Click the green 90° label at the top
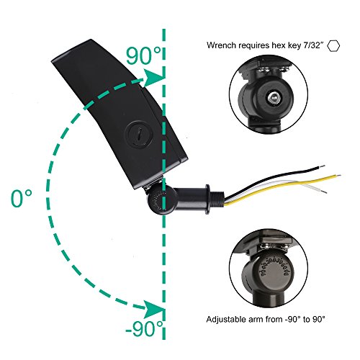tap(144, 55)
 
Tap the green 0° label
tap(22, 198)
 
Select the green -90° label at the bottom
tap(144, 328)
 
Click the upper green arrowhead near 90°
tap(153, 77)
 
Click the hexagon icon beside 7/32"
tap(334, 45)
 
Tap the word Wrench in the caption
tap(222, 45)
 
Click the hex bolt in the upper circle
tap(274, 97)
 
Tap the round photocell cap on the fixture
tap(139, 133)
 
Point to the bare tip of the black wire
tap(323, 166)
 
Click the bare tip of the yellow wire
tap(338, 176)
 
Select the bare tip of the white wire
tap(323, 192)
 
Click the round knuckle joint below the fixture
tap(161, 199)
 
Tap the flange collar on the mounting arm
tap(207, 198)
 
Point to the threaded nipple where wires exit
tap(217, 198)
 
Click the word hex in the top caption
tap(279, 45)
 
